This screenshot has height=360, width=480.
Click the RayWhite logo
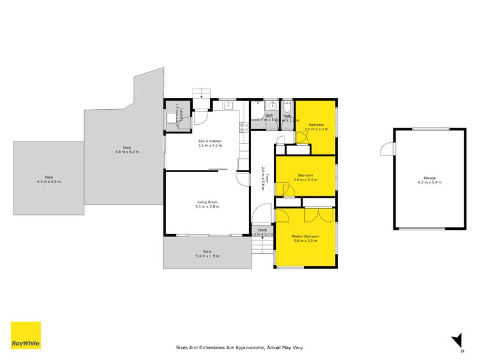pos(26,335)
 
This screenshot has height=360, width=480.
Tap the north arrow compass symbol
pos(457,340)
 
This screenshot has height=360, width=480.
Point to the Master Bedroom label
pos(305,236)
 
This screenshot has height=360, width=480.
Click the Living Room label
pos(207,202)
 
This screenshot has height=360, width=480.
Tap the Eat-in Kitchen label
pos(210,141)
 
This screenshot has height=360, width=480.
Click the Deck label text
pos(127,148)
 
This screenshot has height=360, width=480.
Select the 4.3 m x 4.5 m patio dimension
pos(49,181)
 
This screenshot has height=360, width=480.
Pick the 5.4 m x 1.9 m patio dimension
pos(207,256)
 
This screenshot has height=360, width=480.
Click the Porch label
pos(262,230)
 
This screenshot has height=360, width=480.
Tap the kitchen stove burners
pos(244,127)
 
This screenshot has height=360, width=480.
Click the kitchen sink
pos(229,106)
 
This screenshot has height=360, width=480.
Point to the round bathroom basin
pos(271,103)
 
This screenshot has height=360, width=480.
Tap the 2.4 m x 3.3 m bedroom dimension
pos(316,129)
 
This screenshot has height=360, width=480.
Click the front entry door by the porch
pos(262,214)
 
